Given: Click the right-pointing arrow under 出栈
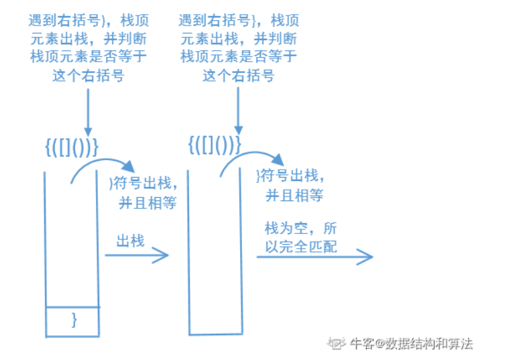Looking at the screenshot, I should [135, 255].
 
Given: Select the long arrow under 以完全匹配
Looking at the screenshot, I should [314, 255].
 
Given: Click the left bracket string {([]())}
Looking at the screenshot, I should [72, 146].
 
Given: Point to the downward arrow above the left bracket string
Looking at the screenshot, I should [87, 111].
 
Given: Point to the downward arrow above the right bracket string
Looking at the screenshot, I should [237, 111].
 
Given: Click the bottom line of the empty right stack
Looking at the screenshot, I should [215, 333].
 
